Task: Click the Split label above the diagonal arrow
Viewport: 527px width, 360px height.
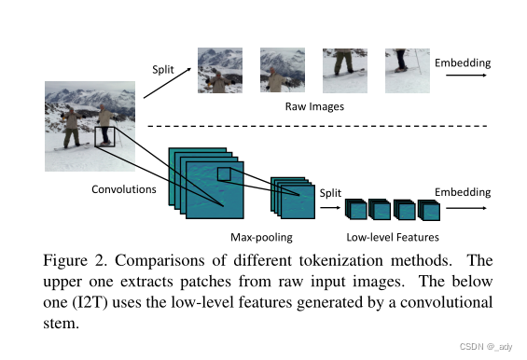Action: pyautogui.click(x=163, y=69)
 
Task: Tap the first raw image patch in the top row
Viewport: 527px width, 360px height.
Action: pyautogui.click(x=220, y=71)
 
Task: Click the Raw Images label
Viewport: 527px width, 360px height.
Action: pyautogui.click(x=314, y=107)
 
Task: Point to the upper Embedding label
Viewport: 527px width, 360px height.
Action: pyautogui.click(x=462, y=62)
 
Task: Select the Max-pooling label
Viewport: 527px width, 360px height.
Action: pyautogui.click(x=257, y=237)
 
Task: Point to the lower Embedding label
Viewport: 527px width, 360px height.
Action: pyautogui.click(x=462, y=192)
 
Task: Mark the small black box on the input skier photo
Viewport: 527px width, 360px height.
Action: pyautogui.click(x=104, y=137)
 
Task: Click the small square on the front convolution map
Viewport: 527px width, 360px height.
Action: pyautogui.click(x=223, y=174)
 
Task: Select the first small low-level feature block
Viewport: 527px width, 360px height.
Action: pyautogui.click(x=356, y=210)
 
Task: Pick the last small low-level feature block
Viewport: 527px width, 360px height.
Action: pyautogui.click(x=428, y=210)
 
